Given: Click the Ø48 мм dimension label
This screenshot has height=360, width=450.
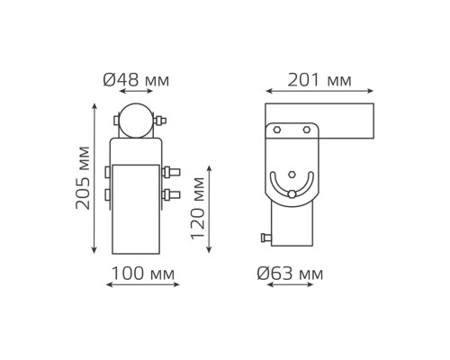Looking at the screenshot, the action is pos(136,80).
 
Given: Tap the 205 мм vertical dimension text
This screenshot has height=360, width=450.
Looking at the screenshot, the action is pos(83,177).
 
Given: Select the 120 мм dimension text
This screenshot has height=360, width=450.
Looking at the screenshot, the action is pos(197,209).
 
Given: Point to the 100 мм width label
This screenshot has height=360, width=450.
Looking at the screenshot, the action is pos(143,274).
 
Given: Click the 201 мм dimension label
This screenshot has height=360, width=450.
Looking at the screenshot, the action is pos(319,80).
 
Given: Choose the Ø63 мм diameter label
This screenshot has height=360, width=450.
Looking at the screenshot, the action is pos(290,274).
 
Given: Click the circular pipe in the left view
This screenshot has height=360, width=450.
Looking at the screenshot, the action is pos(136,121).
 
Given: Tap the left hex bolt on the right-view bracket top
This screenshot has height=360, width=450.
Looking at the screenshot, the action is pos(277,130).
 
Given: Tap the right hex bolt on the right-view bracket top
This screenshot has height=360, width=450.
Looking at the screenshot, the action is pos(306,130).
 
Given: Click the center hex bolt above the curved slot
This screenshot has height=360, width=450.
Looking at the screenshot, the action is pos(292,175).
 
